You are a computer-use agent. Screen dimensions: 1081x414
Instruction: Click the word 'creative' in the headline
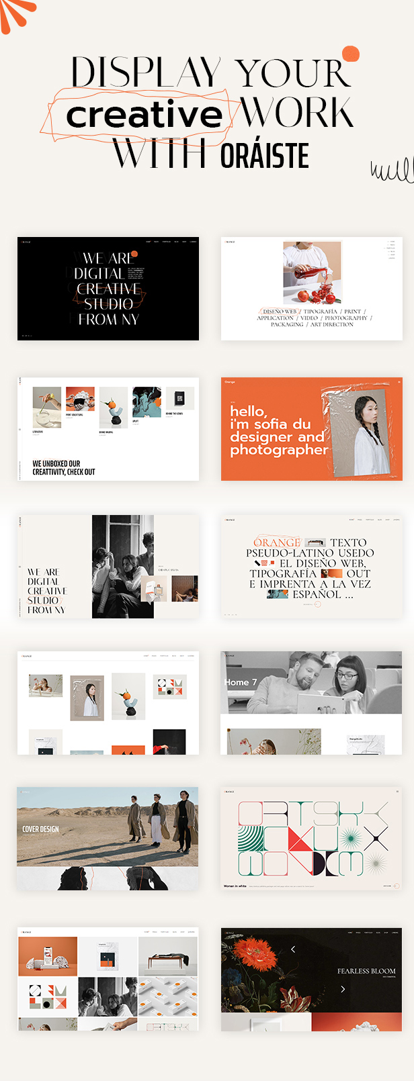144,115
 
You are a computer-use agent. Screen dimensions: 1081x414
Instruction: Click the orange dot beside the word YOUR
350,54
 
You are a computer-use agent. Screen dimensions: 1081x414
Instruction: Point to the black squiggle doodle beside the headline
392,171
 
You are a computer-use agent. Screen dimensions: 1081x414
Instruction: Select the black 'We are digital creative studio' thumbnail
108,289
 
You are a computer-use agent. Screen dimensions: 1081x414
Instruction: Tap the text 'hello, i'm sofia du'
270,418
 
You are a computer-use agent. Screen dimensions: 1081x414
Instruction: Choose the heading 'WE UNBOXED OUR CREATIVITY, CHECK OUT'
64,467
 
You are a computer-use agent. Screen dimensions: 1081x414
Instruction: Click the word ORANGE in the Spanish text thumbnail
276,543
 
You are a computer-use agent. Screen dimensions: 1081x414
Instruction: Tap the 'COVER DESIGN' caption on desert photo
40,829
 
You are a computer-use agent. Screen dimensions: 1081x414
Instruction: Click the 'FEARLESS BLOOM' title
366,971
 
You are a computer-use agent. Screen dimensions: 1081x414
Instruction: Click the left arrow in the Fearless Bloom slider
293,949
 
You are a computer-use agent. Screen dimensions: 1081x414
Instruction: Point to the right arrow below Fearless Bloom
343,989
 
